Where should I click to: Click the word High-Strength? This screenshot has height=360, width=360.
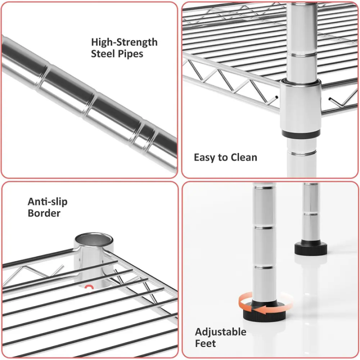(124, 42)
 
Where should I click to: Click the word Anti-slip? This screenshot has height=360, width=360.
(48, 202)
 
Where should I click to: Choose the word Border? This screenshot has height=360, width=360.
(44, 213)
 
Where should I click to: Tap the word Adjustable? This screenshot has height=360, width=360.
(221, 332)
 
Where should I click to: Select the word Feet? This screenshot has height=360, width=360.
(206, 343)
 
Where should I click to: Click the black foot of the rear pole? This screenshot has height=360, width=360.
(311, 248)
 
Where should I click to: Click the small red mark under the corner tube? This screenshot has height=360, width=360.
(89, 287)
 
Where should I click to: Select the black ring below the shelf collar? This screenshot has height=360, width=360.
(301, 134)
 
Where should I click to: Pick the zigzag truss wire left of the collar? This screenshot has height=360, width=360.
(232, 83)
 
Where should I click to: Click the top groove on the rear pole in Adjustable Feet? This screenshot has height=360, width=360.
(311, 214)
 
